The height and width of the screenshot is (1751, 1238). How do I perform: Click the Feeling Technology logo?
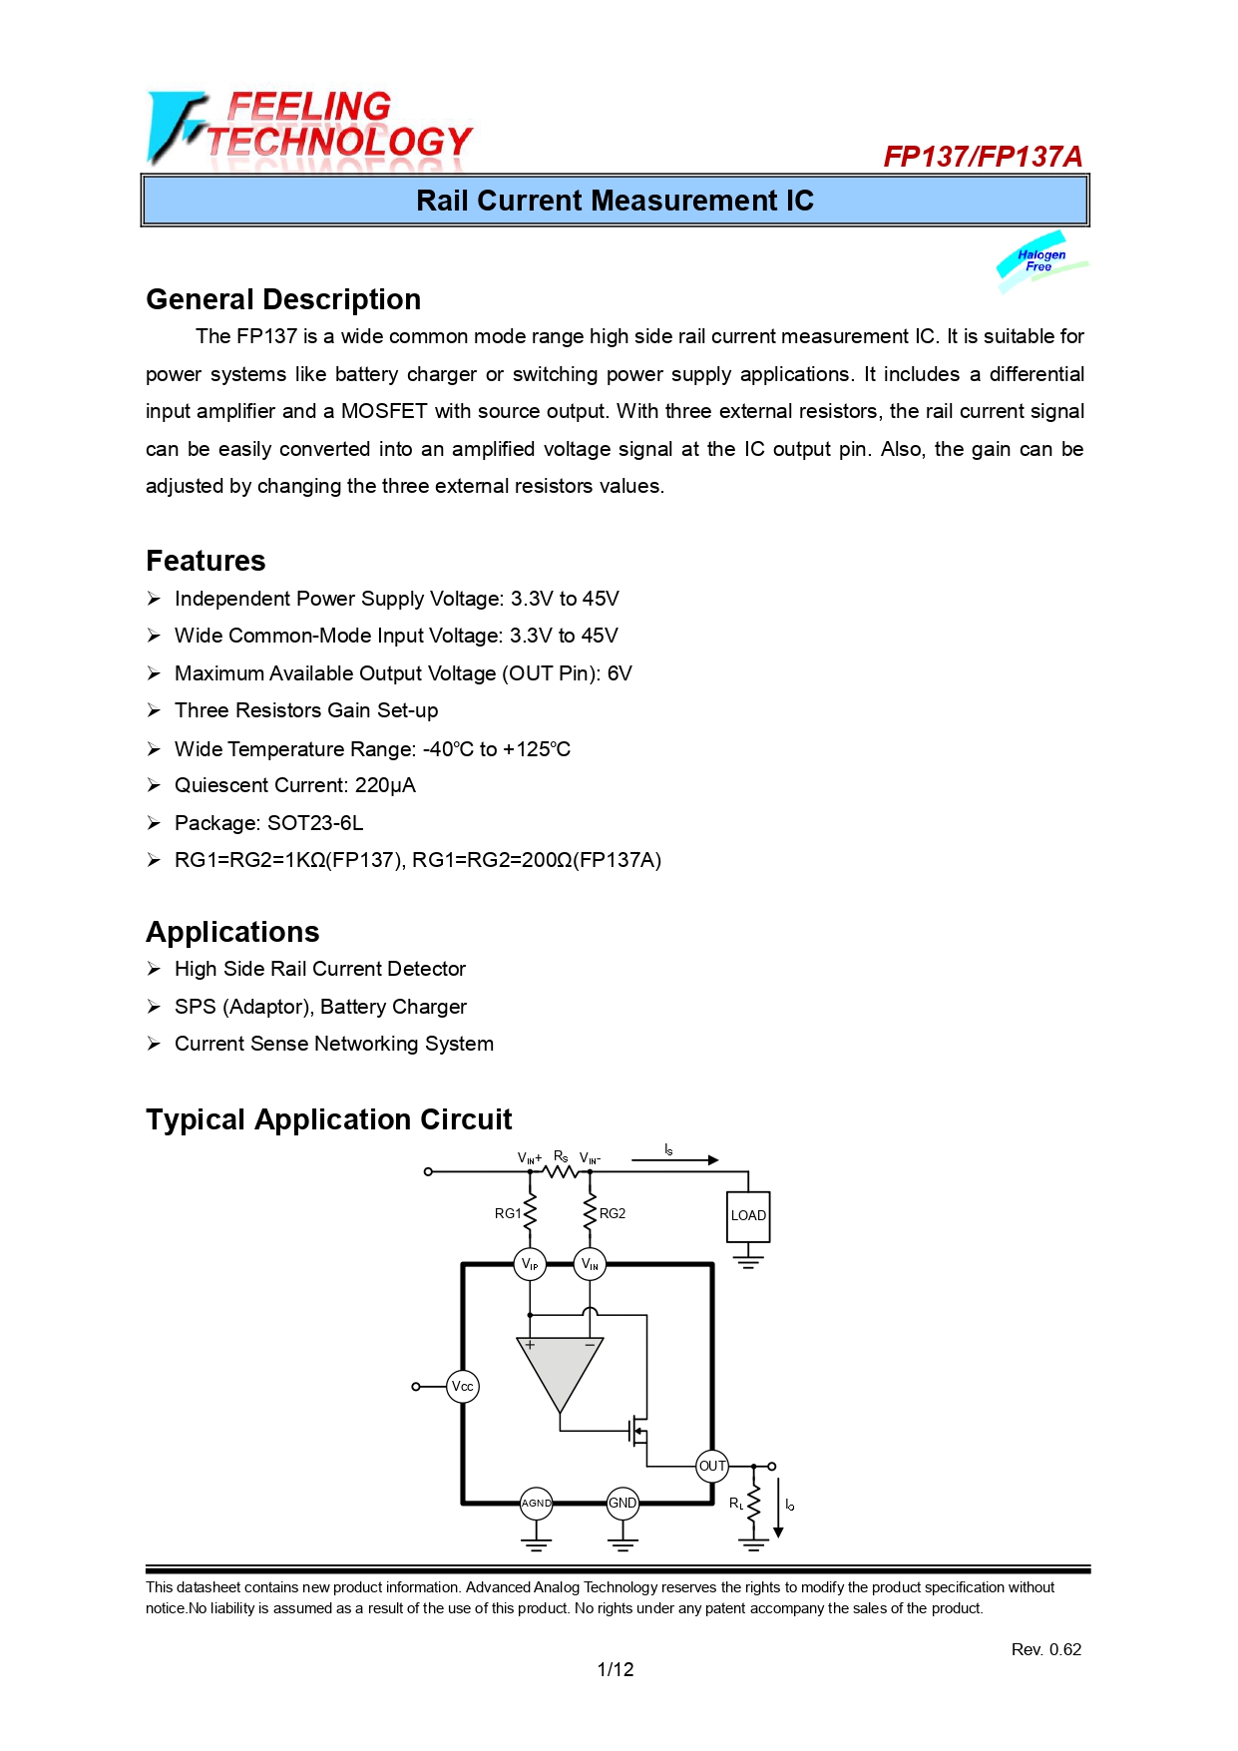tap(309, 127)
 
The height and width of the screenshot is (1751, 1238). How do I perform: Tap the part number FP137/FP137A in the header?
tap(982, 157)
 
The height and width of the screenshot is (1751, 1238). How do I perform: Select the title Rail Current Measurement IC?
tap(615, 201)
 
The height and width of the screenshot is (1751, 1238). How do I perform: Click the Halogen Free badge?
tap(1040, 261)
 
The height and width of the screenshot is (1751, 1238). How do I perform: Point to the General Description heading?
tap(283, 299)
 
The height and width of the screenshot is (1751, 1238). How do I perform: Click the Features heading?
tap(206, 561)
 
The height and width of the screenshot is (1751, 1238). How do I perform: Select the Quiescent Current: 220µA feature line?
tap(294, 785)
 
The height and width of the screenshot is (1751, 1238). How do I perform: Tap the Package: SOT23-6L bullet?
tap(268, 823)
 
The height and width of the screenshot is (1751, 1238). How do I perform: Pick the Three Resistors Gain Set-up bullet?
tap(305, 710)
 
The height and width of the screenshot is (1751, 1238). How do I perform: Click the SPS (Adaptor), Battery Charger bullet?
tap(320, 1007)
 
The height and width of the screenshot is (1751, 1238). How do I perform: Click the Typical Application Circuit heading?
tap(328, 1119)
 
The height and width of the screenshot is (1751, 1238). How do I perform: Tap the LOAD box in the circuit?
tap(748, 1215)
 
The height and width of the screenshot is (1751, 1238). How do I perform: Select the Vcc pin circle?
tap(463, 1386)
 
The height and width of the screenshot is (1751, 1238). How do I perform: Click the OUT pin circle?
tap(712, 1466)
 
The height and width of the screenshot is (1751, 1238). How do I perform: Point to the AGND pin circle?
tap(536, 1503)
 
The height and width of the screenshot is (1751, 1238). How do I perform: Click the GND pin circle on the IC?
tap(622, 1503)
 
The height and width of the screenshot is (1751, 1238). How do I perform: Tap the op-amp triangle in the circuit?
tap(560, 1367)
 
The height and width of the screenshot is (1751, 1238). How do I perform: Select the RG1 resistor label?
tap(508, 1213)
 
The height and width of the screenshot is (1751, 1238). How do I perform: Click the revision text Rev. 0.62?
tap(1045, 1649)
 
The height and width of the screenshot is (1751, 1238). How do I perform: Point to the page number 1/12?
tap(616, 1669)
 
